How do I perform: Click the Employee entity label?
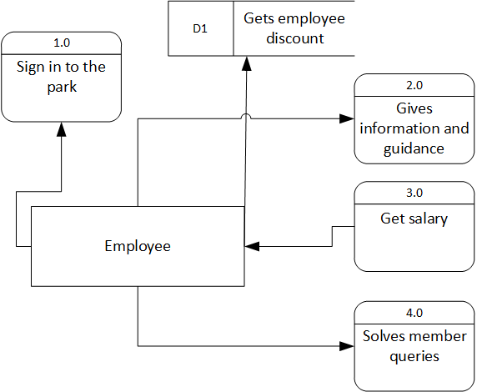(x=138, y=246)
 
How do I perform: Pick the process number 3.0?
(x=414, y=192)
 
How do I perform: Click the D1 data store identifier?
(x=200, y=28)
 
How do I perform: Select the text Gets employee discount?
(x=294, y=28)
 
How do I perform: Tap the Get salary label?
(x=414, y=219)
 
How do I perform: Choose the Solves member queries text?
(x=414, y=346)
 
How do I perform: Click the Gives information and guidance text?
(x=414, y=128)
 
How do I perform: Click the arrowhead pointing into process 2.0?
(x=348, y=118)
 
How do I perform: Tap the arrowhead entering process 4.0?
(x=348, y=345)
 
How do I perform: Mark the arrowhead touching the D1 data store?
(x=247, y=63)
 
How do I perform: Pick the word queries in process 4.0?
(x=414, y=356)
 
